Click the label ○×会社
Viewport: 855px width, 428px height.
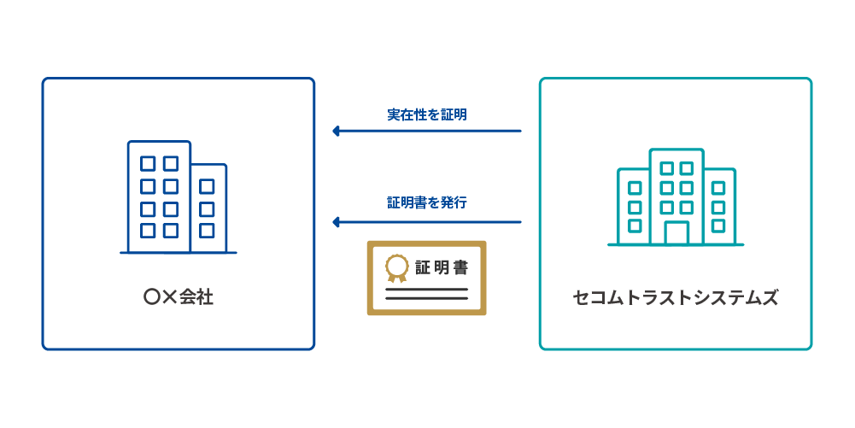point(179,298)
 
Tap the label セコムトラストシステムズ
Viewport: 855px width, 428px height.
point(675,298)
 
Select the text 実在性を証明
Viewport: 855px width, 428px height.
point(426,114)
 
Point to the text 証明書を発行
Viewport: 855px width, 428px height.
point(426,203)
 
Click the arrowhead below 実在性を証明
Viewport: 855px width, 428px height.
point(337,131)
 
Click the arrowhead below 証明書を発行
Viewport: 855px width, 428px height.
point(337,222)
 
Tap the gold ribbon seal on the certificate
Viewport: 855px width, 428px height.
point(396,268)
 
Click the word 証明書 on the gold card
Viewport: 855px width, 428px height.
point(442,267)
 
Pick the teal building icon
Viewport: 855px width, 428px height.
point(676,197)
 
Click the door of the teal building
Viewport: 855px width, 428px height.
point(676,232)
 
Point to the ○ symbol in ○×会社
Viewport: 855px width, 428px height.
point(151,298)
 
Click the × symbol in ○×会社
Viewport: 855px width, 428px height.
point(169,298)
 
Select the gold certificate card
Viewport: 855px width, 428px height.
point(426,278)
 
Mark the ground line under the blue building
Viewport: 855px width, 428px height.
point(178,253)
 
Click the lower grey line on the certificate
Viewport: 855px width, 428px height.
point(426,299)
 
